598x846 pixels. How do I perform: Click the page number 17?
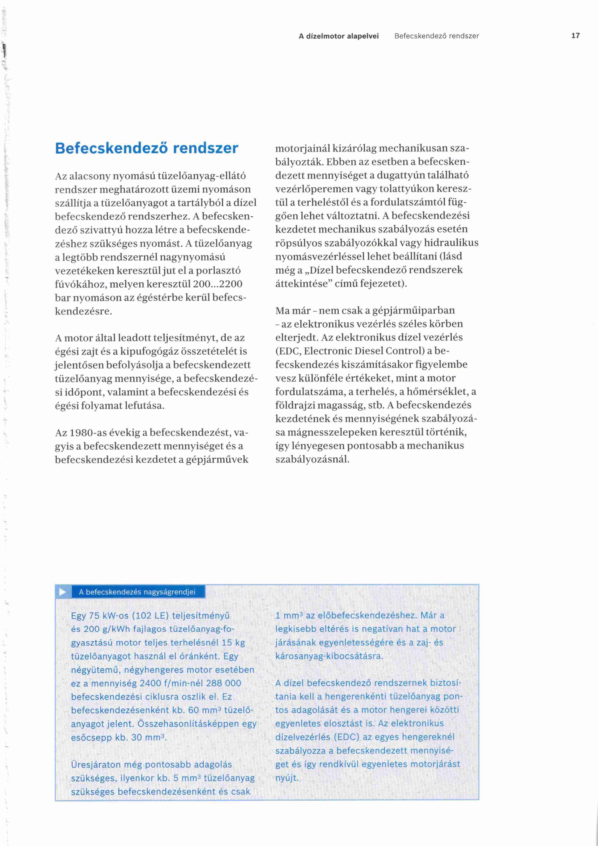[575, 36]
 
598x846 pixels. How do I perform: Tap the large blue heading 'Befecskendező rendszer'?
[147, 148]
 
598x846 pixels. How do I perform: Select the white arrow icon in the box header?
[63, 592]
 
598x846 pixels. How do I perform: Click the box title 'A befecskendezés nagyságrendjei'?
[137, 592]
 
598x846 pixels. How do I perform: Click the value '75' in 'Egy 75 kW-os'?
[94, 615]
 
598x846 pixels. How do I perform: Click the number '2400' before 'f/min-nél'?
[152, 683]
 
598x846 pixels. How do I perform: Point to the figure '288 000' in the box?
[224, 683]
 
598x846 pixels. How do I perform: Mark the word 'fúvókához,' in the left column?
[78, 284]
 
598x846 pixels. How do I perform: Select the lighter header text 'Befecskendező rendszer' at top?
[436, 36]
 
